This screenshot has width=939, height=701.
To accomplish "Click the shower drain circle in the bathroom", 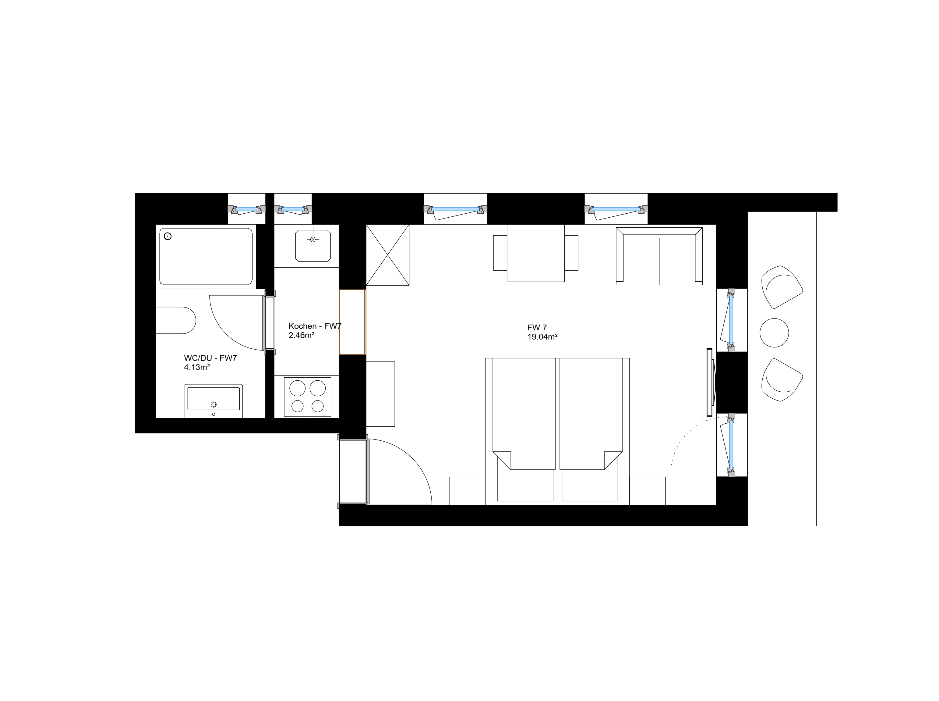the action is [168, 236].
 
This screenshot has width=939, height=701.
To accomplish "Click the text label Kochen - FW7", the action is [315, 326].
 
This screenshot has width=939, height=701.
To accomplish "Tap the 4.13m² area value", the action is [197, 368].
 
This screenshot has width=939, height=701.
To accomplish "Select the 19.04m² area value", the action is [542, 337].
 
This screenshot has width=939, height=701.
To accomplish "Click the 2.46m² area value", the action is [302, 335].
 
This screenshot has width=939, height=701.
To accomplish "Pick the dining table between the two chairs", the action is [536, 253].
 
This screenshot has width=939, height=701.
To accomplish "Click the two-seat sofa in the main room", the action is [659, 256].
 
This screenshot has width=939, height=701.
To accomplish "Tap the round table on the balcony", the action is [774, 333].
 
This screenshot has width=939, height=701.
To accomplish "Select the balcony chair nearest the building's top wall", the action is [782, 287].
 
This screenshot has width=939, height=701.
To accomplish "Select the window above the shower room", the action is [246, 209].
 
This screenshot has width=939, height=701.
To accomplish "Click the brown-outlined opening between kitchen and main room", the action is [352, 322].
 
